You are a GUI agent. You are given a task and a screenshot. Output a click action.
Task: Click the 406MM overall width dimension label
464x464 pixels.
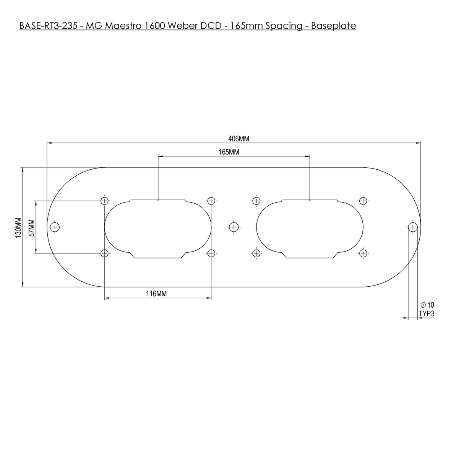239,139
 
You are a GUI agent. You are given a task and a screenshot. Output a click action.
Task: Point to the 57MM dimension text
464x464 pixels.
32,228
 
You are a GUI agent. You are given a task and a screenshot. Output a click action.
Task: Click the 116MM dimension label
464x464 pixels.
156,294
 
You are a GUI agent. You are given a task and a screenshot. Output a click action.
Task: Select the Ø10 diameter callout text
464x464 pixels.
427,305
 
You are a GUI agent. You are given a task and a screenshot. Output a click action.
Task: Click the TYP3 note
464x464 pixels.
427,314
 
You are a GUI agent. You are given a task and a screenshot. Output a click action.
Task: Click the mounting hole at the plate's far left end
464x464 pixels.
55,227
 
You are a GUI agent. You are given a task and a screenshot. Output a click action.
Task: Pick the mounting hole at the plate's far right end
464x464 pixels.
412,227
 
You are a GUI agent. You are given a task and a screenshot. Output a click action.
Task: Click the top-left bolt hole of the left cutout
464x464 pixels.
105,200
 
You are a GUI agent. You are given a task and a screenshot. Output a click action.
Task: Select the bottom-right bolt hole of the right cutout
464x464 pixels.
363,253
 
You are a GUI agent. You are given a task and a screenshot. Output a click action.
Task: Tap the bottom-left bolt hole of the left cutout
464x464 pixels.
105,253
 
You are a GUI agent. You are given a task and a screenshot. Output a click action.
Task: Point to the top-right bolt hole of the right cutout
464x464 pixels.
363,200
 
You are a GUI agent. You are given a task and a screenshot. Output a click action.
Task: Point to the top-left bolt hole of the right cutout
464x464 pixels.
256,200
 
